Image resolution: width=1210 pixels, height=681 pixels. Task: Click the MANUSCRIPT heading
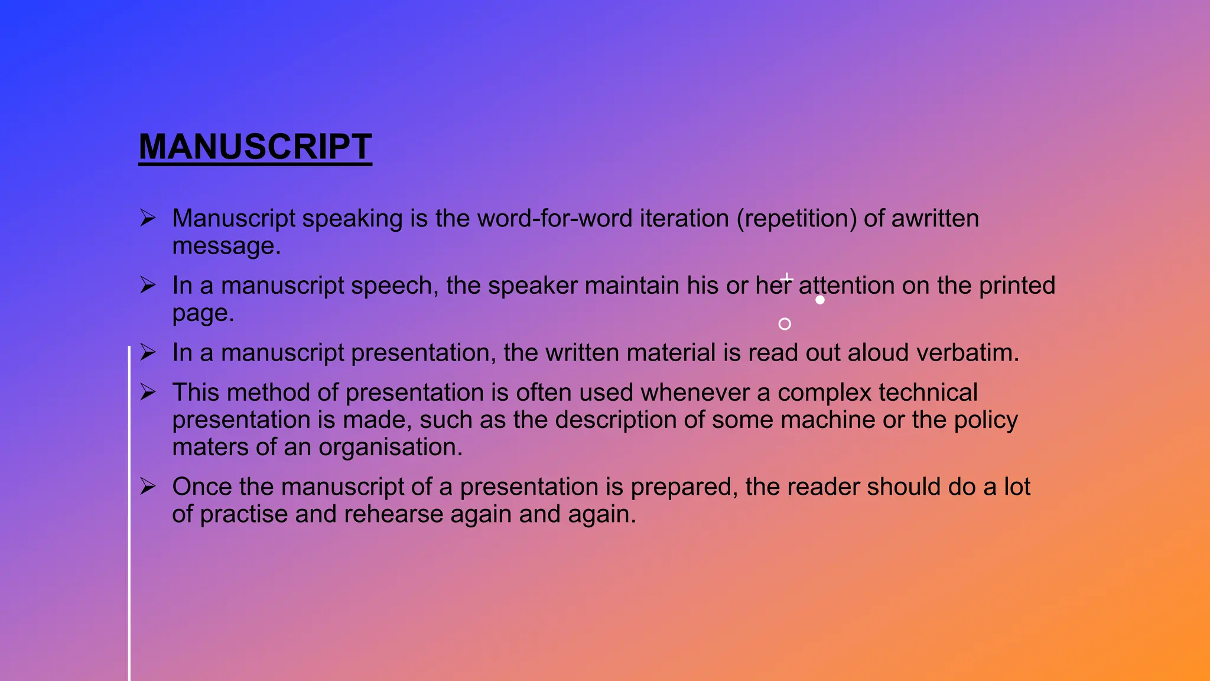coord(255,147)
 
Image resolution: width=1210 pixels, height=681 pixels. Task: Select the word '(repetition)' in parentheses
coord(796,219)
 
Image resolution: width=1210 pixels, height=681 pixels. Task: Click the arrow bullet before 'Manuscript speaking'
coord(148,218)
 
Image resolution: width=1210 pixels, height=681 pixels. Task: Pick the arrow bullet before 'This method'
coord(148,392)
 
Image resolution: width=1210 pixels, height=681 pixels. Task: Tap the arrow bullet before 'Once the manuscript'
coord(148,487)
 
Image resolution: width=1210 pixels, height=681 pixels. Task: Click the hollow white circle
coord(785,324)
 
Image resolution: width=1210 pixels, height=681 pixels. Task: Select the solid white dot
coord(820,300)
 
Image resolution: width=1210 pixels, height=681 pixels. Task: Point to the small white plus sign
coord(787,278)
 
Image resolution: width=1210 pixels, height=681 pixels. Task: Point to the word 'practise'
coord(243,514)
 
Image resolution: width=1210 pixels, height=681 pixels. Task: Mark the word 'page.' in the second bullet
coord(203,313)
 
